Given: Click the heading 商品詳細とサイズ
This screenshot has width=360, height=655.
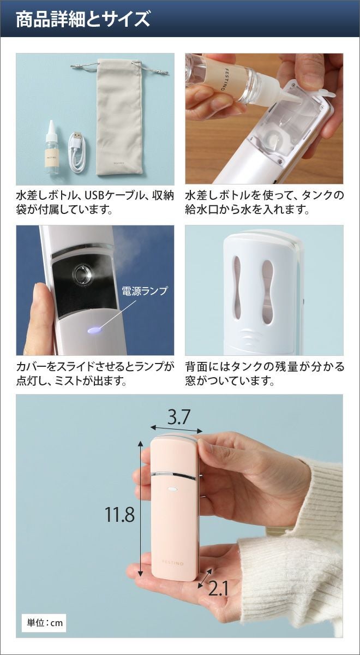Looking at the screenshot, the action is pyautogui.click(x=83, y=20).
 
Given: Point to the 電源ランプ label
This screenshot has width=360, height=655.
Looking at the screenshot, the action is pyautogui.click(x=145, y=290).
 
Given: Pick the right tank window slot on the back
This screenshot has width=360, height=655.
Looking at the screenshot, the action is pyautogui.click(x=267, y=292).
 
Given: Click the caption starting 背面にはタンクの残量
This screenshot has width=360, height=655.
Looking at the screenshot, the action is pyautogui.click(x=265, y=374).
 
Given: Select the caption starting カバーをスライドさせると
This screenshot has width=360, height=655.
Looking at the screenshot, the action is pyautogui.click(x=95, y=374).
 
